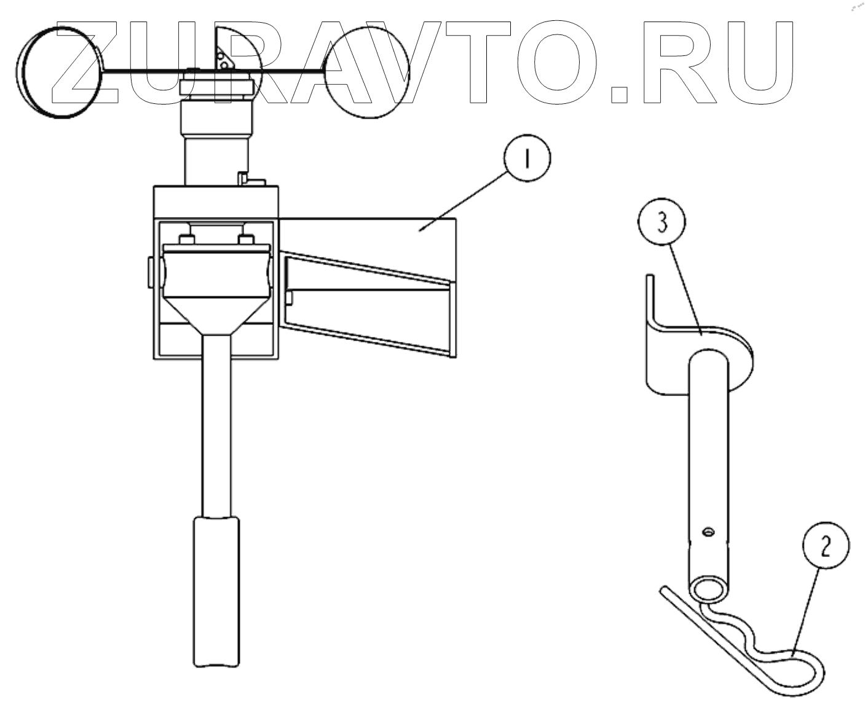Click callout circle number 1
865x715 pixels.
(x=526, y=159)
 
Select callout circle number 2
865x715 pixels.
(x=825, y=546)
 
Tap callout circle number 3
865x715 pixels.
(x=662, y=224)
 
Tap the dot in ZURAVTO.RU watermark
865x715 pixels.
(x=622, y=93)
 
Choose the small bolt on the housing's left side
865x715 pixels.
(x=149, y=271)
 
